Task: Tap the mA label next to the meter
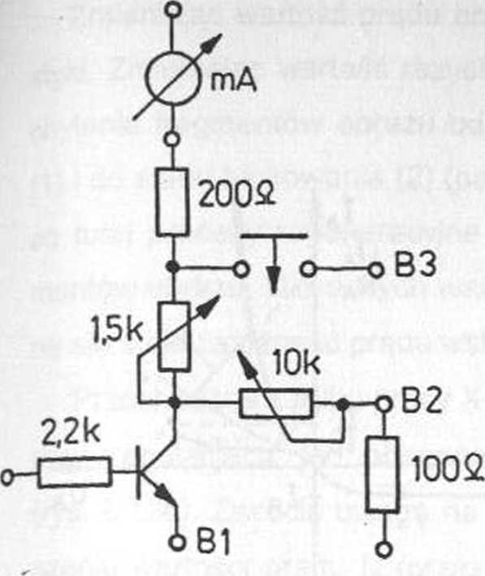[x=233, y=80]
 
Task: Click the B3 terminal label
[x=416, y=265]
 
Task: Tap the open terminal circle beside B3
[x=375, y=271]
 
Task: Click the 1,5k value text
[x=117, y=332]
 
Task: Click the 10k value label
[x=297, y=364]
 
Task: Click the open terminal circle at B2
[x=383, y=405]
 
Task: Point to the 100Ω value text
[x=448, y=470]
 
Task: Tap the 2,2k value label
[x=71, y=433]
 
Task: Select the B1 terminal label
[x=214, y=542]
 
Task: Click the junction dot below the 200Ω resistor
[x=172, y=266]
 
